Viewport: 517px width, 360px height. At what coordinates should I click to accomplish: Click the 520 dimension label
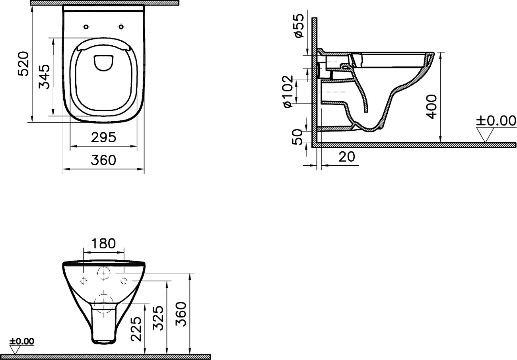23,64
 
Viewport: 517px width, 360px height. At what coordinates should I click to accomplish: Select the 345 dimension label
44,77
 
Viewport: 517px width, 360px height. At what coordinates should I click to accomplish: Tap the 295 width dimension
103,137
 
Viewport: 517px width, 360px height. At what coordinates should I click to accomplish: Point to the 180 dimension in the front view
103,244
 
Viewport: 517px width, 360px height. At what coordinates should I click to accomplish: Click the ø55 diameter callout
299,25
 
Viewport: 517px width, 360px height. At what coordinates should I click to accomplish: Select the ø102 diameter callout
288,91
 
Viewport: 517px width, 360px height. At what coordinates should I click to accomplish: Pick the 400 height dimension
431,106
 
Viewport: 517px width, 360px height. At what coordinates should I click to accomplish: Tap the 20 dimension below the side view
347,157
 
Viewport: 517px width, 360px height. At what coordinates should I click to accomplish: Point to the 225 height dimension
136,329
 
